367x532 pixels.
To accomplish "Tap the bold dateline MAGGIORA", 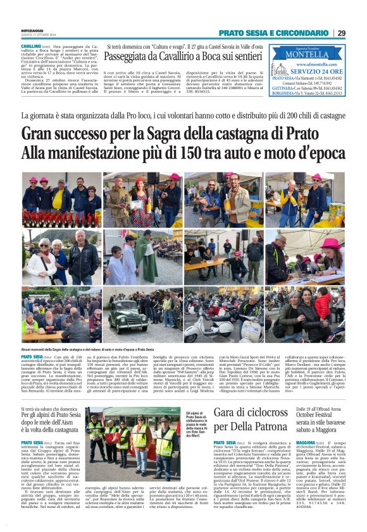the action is tap(311, 443).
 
